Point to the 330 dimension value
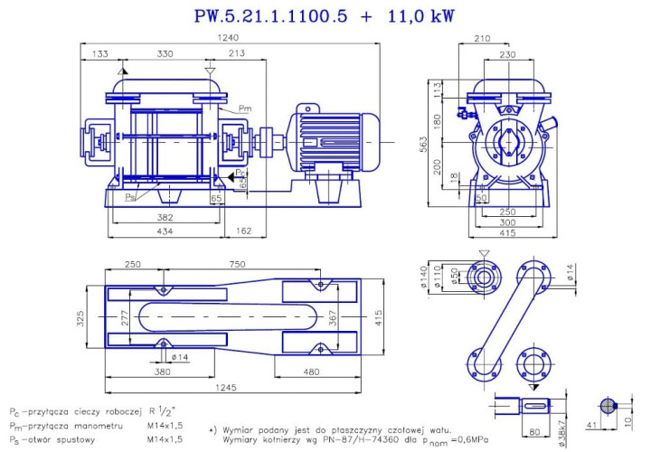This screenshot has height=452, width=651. point(165,55)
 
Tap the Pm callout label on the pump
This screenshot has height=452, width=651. point(244,108)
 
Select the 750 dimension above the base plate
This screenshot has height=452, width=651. point(237,264)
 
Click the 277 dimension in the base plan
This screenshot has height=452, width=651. point(124,318)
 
